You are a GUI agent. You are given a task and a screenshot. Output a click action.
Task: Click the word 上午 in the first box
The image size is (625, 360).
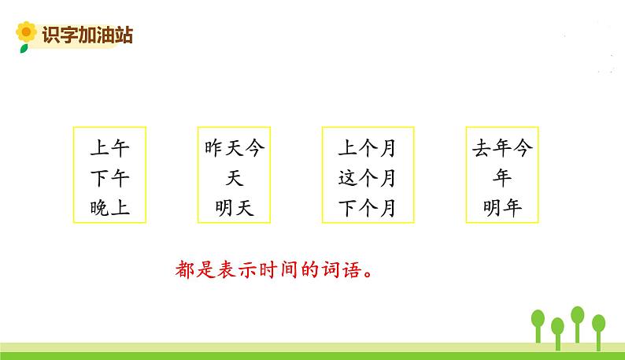[x=110, y=148]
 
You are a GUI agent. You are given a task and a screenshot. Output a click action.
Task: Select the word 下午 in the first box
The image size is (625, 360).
[x=110, y=178]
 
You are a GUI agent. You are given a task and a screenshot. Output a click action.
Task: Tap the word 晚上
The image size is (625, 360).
[x=110, y=208]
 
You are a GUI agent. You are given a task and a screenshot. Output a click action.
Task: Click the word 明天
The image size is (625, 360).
[x=234, y=208]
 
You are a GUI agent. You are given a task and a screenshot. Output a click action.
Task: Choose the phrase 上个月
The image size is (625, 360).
[x=367, y=148]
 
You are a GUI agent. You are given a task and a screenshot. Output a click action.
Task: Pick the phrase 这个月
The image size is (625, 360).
[x=367, y=178]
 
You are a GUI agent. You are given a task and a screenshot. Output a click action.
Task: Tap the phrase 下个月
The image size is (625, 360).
[x=367, y=208]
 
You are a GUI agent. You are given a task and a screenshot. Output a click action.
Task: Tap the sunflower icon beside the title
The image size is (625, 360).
[x=26, y=34]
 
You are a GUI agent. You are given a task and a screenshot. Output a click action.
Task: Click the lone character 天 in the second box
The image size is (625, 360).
[x=234, y=178]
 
